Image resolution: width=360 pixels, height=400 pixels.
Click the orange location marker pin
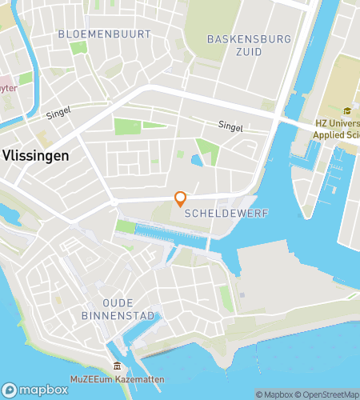pos(181,198)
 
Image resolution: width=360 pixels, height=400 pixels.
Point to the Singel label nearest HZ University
pos(230,126)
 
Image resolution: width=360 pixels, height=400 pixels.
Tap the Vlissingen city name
pos(35,157)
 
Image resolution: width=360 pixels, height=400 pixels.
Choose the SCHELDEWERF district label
pos(214,214)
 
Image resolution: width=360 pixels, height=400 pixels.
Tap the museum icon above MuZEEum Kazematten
pos(117,366)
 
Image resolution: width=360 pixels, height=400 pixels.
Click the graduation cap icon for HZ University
pos(347,111)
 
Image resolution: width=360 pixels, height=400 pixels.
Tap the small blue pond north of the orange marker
pos(196,161)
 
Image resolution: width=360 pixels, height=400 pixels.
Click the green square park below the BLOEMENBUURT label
pos(78,48)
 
